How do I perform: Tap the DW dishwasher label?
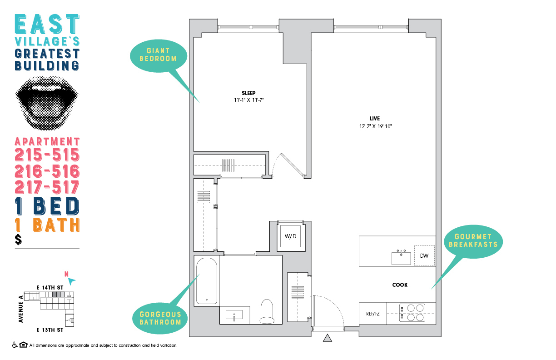click(424, 256)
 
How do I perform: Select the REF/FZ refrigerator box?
click(372, 314)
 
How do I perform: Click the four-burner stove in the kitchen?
click(412, 313)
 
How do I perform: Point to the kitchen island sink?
click(401, 258)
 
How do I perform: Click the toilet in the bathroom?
click(267, 311)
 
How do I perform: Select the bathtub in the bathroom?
click(207, 282)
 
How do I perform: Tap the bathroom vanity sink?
click(234, 315)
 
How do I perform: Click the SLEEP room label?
click(248, 93)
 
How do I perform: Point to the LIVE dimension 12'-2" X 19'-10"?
click(374, 126)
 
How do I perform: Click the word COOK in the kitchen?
click(400, 285)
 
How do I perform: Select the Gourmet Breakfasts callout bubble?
click(473, 240)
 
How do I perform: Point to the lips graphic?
click(48, 101)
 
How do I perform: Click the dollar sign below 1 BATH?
click(18, 240)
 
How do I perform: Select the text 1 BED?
click(47, 206)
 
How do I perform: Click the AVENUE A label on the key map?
click(20, 309)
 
